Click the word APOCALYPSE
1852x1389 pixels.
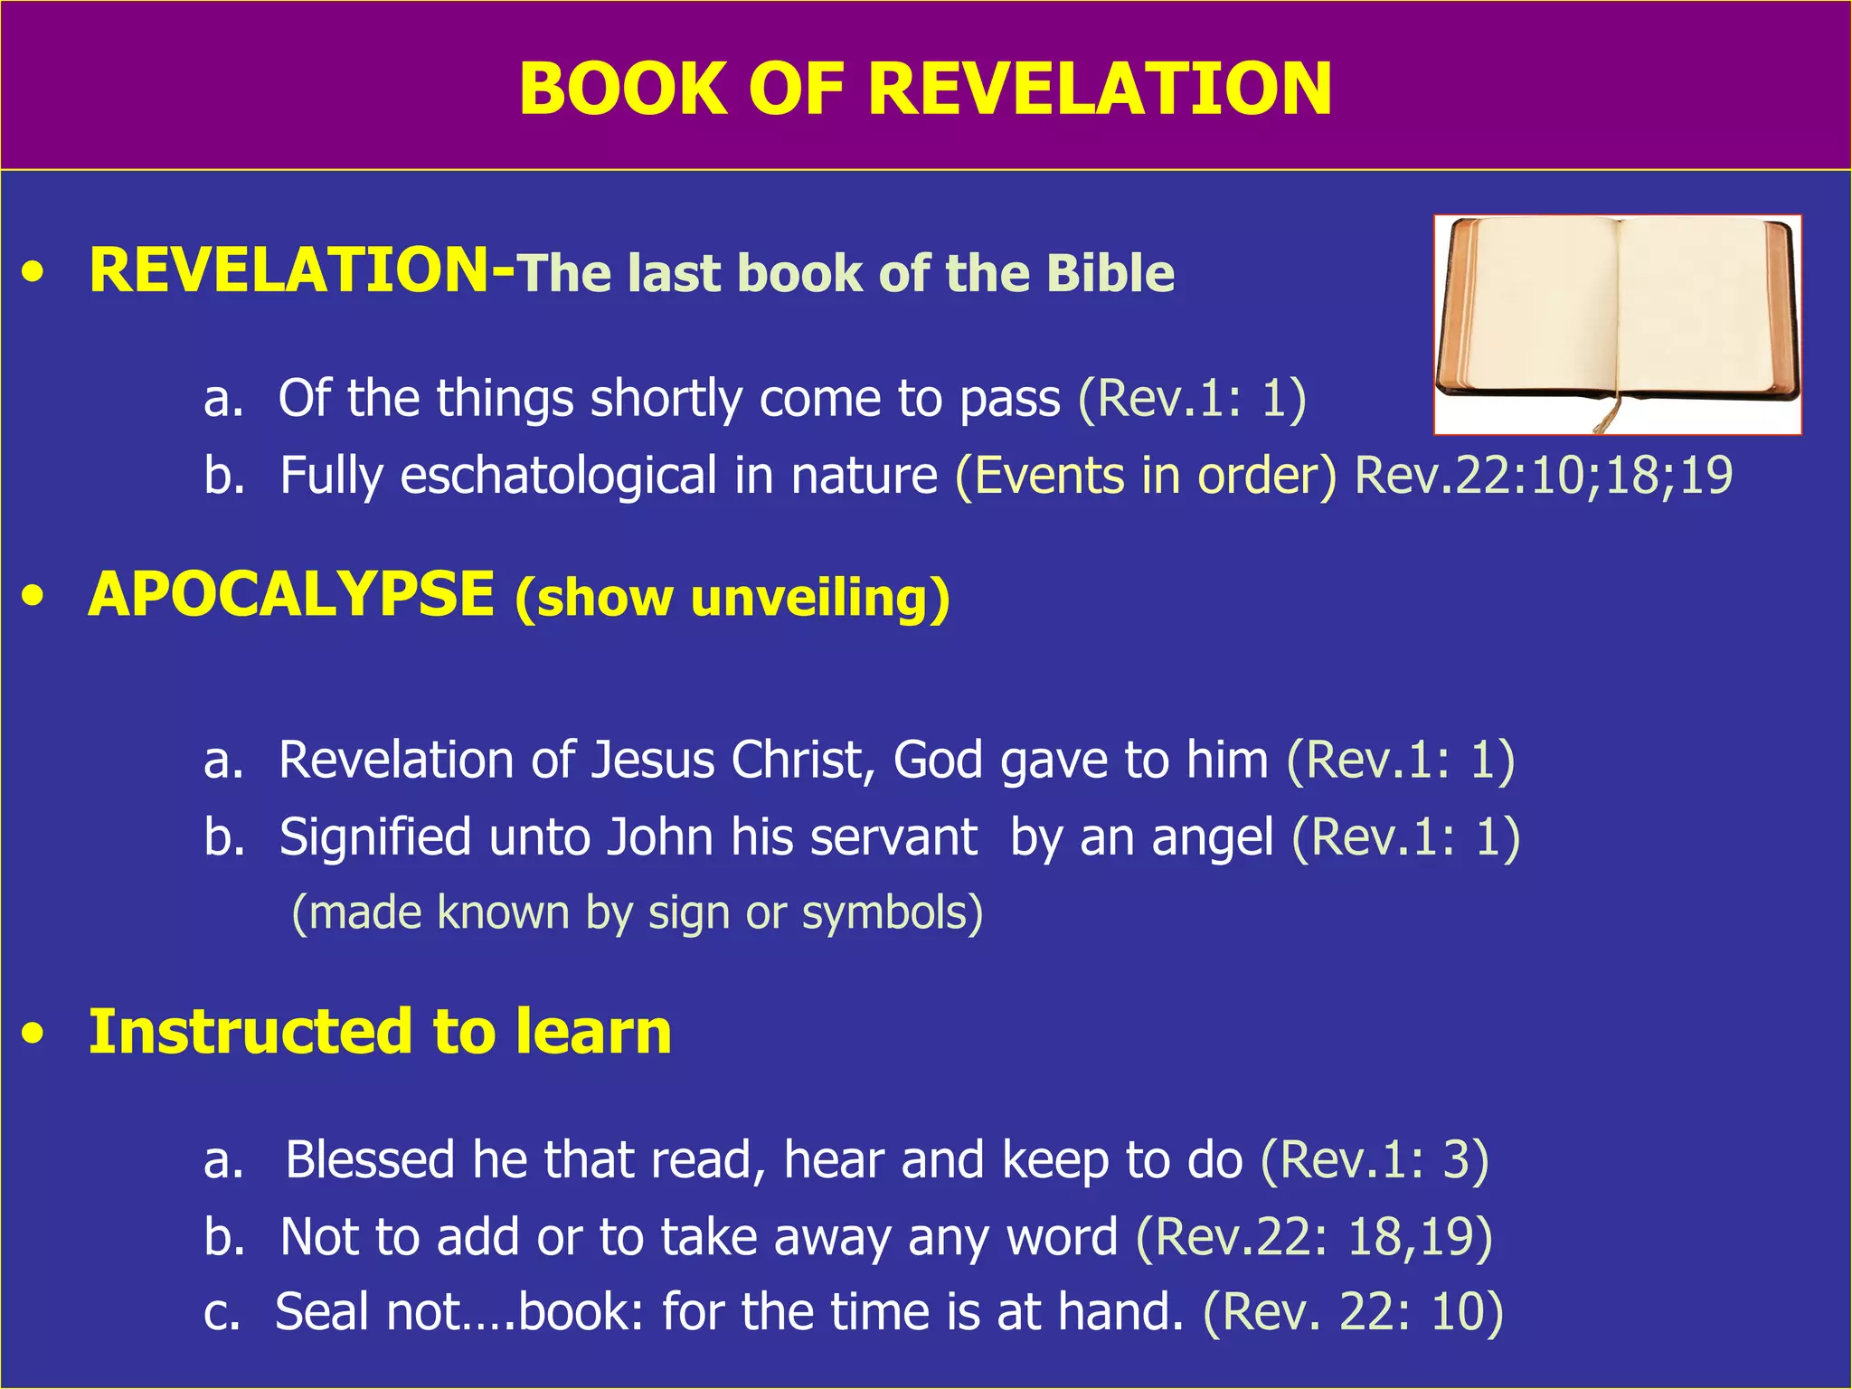pos(291,595)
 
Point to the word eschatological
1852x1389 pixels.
pos(558,476)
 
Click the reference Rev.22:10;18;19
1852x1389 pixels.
pos(1543,476)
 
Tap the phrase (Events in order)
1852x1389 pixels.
pos(1146,476)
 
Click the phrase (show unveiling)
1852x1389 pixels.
pos(732,599)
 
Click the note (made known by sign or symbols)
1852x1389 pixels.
pos(637,912)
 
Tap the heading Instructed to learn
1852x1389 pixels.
pos(380,1032)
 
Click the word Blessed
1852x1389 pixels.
pos(369,1159)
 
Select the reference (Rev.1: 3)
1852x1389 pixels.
pos(1374,1159)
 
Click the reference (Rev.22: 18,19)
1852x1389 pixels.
pos(1314,1236)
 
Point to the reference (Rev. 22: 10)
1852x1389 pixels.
pos(1353,1312)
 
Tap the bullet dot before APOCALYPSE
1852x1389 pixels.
pos(33,597)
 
